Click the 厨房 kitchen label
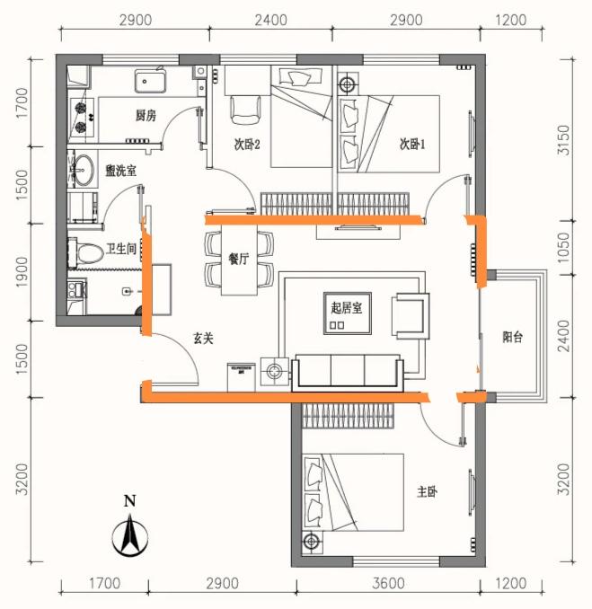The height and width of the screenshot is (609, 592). [x=146, y=115]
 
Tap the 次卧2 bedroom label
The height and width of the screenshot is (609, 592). [x=247, y=145]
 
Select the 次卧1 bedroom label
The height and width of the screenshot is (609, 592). [x=412, y=145]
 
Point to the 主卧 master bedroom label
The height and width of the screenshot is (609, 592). [x=427, y=492]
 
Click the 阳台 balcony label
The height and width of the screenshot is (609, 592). [x=512, y=337]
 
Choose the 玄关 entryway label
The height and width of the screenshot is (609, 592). [x=204, y=339]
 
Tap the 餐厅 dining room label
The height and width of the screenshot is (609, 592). [x=239, y=259]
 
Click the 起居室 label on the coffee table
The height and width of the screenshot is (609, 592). [x=347, y=308]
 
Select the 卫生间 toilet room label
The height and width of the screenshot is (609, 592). [x=121, y=249]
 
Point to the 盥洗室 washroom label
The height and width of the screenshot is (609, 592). [x=120, y=171]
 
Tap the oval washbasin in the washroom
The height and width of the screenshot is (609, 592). [x=84, y=170]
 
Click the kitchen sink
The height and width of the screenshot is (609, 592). [x=150, y=81]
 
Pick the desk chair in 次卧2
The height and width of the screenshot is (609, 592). [x=245, y=110]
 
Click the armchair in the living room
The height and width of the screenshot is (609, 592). [x=411, y=316]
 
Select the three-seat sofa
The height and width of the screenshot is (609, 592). [x=348, y=372]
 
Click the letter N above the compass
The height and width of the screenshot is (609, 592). [x=129, y=501]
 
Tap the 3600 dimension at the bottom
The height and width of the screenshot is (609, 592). [x=388, y=583]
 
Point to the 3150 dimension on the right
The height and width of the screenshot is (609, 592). [x=563, y=140]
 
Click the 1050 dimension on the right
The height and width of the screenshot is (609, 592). [x=563, y=247]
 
